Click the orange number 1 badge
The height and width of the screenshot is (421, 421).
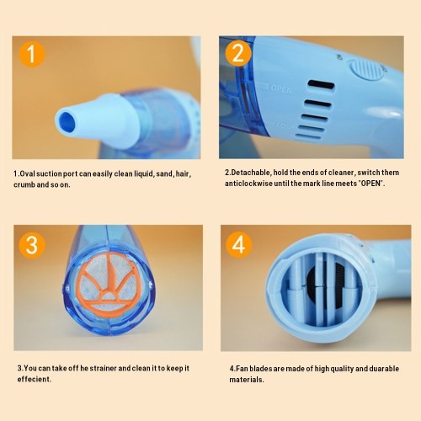tap(32, 54)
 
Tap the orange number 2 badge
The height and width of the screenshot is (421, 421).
tap(238, 53)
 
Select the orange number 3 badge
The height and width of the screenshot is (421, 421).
tap(32, 245)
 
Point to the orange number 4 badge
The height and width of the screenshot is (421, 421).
tap(238, 245)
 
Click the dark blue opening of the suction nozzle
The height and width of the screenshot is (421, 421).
tap(67, 123)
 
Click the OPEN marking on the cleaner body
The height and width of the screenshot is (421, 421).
tap(281, 89)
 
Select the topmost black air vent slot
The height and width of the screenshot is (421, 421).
tap(321, 86)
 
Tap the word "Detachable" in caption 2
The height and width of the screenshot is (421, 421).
tap(251, 173)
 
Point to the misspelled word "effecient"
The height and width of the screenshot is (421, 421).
tap(34, 379)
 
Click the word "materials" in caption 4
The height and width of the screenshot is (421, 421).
tap(246, 380)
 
